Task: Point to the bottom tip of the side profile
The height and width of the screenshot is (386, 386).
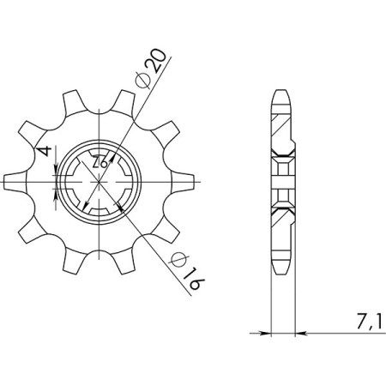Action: [280, 269]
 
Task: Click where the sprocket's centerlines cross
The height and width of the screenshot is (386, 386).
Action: [100, 181]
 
